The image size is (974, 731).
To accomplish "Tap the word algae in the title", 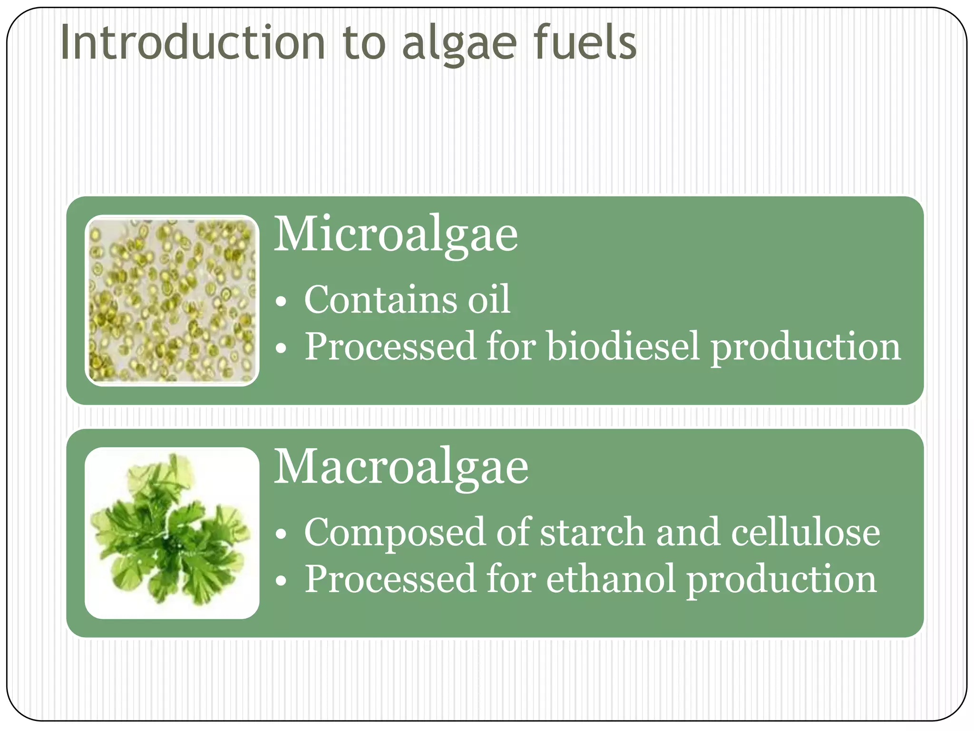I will tap(459, 45).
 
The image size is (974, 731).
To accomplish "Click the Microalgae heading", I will tap(396, 235).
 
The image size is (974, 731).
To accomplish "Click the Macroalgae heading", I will tap(401, 467).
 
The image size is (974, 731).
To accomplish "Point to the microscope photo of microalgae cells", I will tap(172, 300).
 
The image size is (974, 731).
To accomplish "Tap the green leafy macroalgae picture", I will tap(172, 533).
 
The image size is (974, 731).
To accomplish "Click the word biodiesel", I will tap(623, 346).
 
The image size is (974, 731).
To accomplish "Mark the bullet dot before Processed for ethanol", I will tap(282, 582).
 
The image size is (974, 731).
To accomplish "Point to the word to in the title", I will tap(363, 44).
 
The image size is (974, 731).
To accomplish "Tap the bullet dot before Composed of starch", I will tap(282, 534).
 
